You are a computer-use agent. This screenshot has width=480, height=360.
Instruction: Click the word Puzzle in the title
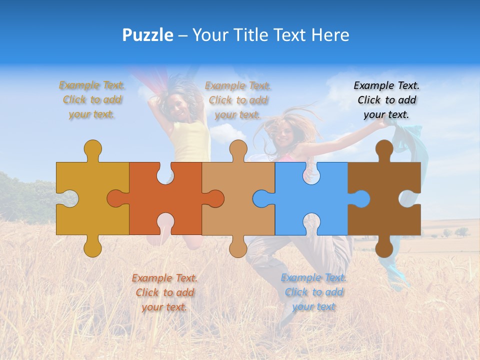[147, 35]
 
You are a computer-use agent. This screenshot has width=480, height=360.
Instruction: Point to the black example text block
[386, 100]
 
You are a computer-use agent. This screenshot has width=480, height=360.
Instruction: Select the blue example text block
[313, 292]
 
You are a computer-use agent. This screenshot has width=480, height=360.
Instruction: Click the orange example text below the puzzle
[164, 292]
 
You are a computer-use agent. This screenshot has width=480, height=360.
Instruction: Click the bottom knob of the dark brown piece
[384, 247]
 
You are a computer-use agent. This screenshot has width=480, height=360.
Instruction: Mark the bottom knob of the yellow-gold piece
[93, 247]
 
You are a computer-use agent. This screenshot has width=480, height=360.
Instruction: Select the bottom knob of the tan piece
[238, 247]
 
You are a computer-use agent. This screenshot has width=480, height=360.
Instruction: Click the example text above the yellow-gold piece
[92, 100]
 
